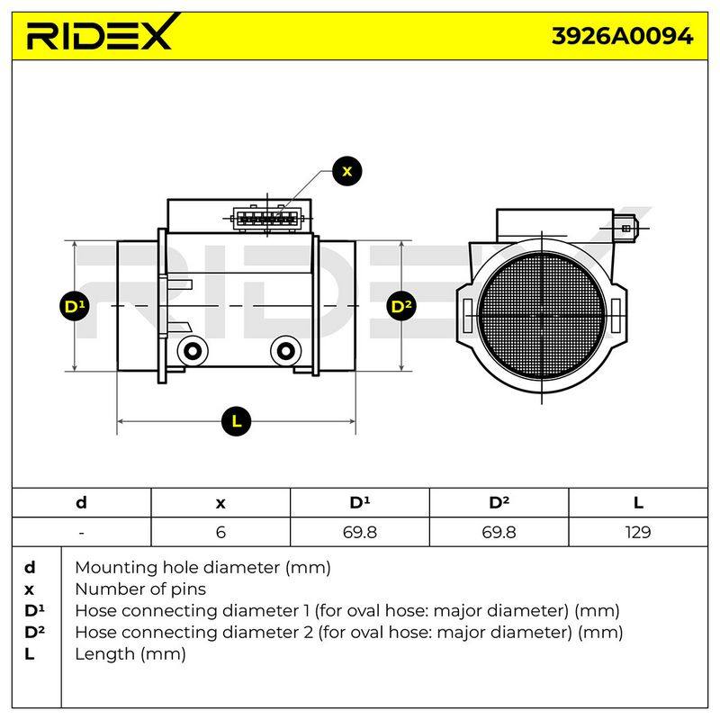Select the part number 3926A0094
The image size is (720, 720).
(x=622, y=36)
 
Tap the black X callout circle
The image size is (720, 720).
(x=347, y=171)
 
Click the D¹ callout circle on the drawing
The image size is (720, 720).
(x=75, y=306)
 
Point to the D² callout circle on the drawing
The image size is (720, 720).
(x=401, y=306)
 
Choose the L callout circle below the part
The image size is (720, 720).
(x=236, y=421)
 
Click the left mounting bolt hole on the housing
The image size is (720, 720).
(x=192, y=351)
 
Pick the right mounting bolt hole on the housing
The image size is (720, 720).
(x=285, y=351)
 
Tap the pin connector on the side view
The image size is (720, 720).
(x=266, y=219)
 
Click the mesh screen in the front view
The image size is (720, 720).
(x=543, y=316)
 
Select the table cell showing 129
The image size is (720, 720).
(x=638, y=532)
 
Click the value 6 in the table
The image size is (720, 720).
(x=220, y=532)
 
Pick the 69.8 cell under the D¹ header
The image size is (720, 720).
(x=359, y=532)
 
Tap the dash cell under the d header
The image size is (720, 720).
(x=81, y=533)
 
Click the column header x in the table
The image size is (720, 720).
(x=220, y=504)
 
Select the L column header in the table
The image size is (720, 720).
(x=638, y=503)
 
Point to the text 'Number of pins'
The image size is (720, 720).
(x=140, y=589)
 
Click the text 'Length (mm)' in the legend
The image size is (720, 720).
(x=130, y=654)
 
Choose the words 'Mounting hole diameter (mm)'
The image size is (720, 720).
(x=203, y=568)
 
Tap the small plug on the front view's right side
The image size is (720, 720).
(x=625, y=228)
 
